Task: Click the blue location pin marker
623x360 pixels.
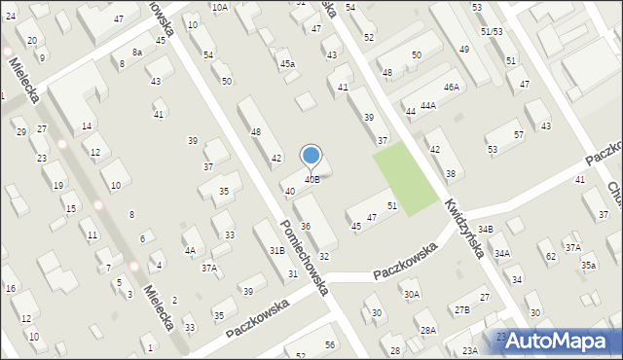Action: pos(311,156)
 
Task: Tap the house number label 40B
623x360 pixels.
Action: pos(311,179)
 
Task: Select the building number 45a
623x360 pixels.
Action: pos(287,64)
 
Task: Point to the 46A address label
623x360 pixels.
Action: pos(451,88)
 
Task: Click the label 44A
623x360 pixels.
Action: pos(427,105)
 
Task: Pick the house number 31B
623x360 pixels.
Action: pos(277,251)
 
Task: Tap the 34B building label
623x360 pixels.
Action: pos(486,229)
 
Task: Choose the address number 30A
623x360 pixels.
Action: pos(412,294)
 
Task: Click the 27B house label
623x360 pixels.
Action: pos(461,309)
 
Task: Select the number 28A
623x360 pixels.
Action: pos(427,331)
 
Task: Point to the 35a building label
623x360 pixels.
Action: pos(588,265)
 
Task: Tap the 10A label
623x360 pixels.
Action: pos(220,8)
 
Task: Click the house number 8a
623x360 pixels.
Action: pos(137,52)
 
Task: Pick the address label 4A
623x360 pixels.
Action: pos(190,250)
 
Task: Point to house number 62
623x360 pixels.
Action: pos(551,256)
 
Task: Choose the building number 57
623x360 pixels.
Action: pos(518,134)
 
